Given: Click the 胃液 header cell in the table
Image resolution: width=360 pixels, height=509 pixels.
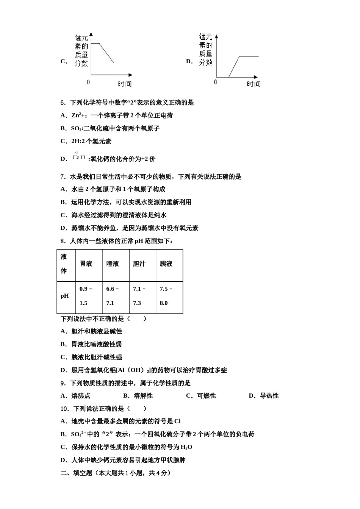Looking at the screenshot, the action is (86, 264).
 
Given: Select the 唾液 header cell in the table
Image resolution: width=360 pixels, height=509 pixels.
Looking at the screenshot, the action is (113, 264).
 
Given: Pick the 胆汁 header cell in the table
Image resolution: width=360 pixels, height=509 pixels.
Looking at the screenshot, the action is (139, 264).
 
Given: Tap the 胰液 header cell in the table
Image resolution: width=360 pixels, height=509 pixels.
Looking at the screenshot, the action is (166, 264).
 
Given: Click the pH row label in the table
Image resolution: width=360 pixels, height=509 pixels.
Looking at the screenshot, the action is (65, 296).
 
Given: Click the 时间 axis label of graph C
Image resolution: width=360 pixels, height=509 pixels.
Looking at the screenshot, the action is (125, 84).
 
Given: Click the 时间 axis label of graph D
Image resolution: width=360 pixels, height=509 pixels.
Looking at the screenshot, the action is (254, 84).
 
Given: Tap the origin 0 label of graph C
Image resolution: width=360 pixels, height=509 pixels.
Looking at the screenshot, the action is (89, 82).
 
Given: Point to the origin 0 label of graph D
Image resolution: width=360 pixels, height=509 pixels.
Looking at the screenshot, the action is (216, 82).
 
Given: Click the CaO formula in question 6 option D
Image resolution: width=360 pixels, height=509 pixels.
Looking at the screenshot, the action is (79, 157).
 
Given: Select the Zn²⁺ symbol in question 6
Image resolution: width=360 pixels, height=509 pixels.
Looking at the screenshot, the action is (78, 115).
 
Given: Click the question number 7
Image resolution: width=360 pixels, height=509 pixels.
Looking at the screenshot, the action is (63, 176).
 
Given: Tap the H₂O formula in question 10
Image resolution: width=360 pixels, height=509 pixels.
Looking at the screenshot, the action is (186, 447).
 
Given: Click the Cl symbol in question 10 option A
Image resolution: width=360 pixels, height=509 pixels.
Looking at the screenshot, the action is (177, 421).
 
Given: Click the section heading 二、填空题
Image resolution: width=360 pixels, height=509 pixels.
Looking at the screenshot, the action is (77, 473).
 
